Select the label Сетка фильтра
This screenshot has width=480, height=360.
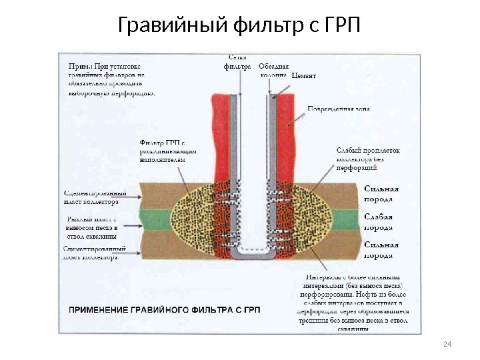point(238,62)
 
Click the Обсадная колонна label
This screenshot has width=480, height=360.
point(273,70)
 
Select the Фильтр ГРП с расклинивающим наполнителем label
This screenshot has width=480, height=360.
point(167,151)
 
